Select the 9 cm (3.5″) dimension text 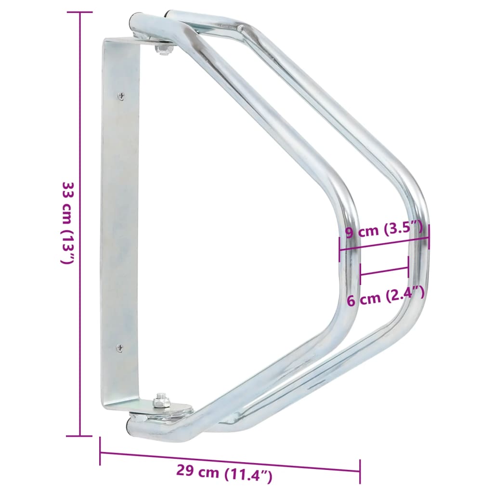[x=384, y=231]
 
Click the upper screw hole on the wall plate [x=120, y=96]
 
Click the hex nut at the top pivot [x=164, y=49]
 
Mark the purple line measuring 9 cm [x=384, y=242]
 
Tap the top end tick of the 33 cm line [x=79, y=12]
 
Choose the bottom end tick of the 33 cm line [x=79, y=436]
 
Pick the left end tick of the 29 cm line [x=100, y=451]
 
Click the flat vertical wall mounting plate [x=120, y=221]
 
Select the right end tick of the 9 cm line [x=428, y=236]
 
